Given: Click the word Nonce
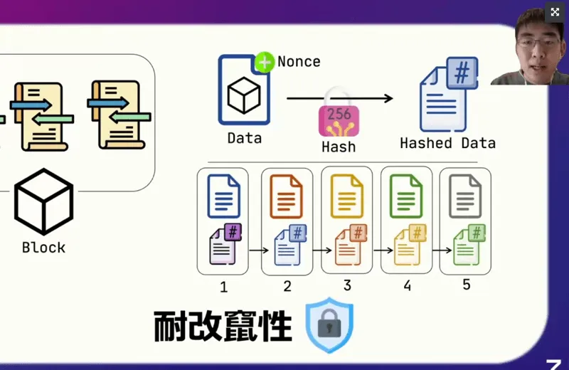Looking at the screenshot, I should coord(299,61).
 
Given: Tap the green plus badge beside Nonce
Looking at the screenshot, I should coord(265,62).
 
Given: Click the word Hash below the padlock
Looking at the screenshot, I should coord(339,147).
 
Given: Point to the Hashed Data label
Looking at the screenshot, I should coord(447,143).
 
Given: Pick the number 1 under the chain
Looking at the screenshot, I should coord(223,287).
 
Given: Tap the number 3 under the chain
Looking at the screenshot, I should coord(347,285).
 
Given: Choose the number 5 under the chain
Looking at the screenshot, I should coord(467,285).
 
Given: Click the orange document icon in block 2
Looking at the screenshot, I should coord(287,196).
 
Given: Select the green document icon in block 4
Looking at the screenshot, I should coord(406,196).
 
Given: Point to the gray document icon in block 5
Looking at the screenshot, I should coord(465,196).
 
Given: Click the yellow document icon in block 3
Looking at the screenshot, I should coord(346,196).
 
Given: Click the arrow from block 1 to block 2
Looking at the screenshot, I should coord(257,250).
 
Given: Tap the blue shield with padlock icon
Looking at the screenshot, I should coord(329,326).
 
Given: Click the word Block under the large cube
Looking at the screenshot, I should coord(43,248).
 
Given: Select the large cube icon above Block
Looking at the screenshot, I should coord(43,201).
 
